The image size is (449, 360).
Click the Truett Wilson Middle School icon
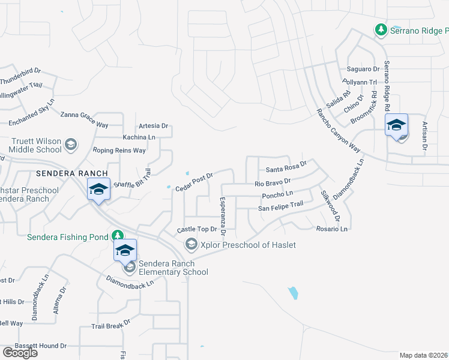pyautogui.click(x=71, y=144)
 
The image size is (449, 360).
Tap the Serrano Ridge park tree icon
pyautogui.click(x=380, y=29)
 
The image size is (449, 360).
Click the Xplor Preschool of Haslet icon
pyautogui.click(x=191, y=244)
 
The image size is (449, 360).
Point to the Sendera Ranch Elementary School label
pyautogui.click(x=173, y=268)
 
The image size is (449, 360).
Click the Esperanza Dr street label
pyautogui.click(x=222, y=215)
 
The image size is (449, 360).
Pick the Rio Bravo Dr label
pyautogui.click(x=273, y=182)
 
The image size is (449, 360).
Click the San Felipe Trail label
pyautogui.click(x=280, y=207)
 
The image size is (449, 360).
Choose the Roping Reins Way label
pyautogui.click(x=119, y=151)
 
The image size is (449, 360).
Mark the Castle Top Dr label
pyautogui.click(x=196, y=230)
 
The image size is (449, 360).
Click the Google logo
pyautogui.click(x=19, y=353)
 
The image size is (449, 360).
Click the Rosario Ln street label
pyautogui.click(x=331, y=229)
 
